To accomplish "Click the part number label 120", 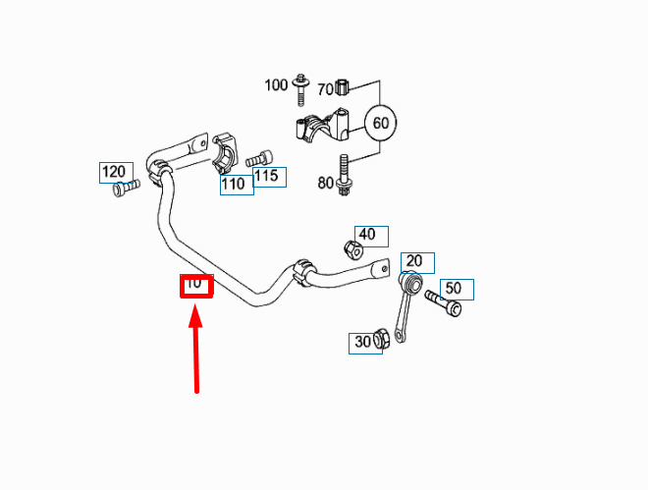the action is (x=113, y=172).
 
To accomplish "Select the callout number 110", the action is (x=234, y=184).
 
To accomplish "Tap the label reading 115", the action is (x=266, y=176).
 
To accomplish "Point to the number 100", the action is (x=276, y=85).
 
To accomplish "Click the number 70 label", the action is (x=326, y=88).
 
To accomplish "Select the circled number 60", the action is (x=380, y=123).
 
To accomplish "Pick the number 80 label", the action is (x=326, y=183).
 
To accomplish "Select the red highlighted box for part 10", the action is (x=196, y=287).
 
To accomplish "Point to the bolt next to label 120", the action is (x=126, y=188).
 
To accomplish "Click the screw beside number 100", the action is (x=300, y=90).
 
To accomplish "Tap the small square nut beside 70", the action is (x=343, y=86).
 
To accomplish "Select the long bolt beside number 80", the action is (x=344, y=176).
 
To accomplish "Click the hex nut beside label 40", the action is (x=353, y=249).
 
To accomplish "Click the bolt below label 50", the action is (x=443, y=303).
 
